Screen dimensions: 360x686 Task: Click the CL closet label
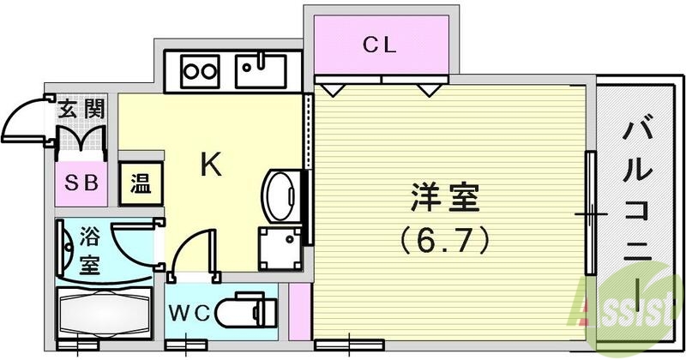coord(379,46)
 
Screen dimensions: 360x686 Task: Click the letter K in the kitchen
coord(211,165)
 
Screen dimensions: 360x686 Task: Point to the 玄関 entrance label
coord(81,109)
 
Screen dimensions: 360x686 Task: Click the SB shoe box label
coord(81,183)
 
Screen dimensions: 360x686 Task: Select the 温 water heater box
coord(138,183)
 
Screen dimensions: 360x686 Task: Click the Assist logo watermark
coord(630,300)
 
